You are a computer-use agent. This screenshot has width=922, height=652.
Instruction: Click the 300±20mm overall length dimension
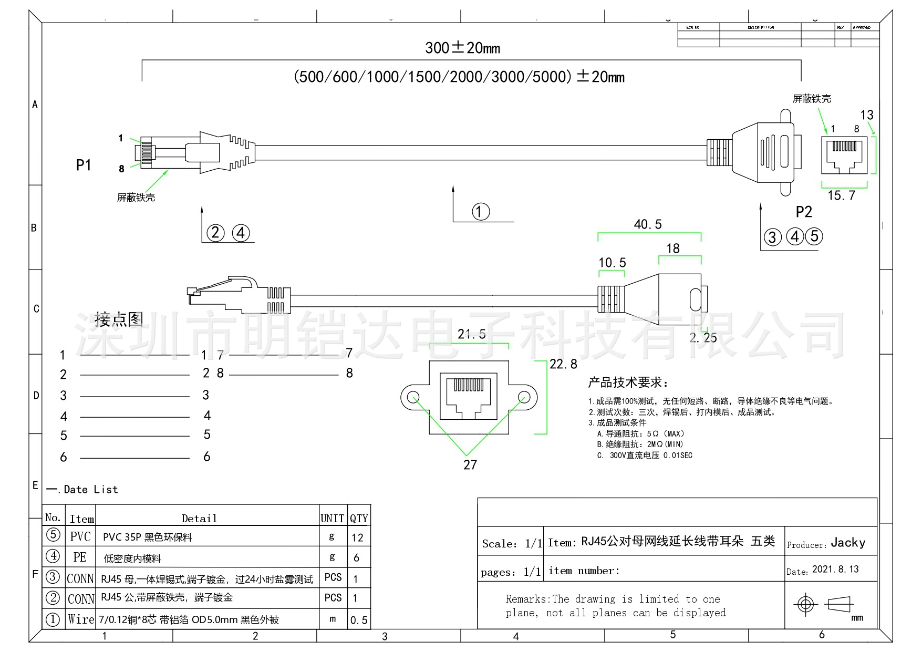[x=462, y=48]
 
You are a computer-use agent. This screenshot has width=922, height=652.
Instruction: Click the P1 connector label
[x=84, y=165]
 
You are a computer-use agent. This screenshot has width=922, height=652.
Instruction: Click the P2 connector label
[x=804, y=212]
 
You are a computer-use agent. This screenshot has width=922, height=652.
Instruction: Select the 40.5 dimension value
[x=648, y=224]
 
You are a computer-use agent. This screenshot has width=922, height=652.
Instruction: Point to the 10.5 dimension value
[x=612, y=263]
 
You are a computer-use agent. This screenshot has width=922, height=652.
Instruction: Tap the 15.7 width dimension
[x=841, y=196]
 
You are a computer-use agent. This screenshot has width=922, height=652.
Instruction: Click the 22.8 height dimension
[x=563, y=364]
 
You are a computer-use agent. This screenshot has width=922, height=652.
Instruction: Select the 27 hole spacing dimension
[x=470, y=464]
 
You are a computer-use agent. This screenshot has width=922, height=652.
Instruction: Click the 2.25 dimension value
[x=703, y=338]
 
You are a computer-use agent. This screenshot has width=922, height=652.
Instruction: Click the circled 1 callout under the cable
[x=480, y=211]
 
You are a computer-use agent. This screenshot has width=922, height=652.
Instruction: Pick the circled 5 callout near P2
[x=814, y=236]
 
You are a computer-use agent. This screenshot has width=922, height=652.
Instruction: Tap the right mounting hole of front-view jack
[x=524, y=397]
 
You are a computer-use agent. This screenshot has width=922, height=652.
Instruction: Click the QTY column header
[x=359, y=519]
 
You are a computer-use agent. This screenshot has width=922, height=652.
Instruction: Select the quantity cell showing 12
[x=357, y=537]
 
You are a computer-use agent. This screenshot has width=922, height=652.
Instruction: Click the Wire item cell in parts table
[x=81, y=619]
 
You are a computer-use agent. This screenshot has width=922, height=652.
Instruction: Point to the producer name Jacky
[x=848, y=543]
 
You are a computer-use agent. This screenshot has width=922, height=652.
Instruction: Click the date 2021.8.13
[x=835, y=570]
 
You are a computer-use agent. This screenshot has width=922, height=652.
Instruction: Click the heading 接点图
[x=119, y=319]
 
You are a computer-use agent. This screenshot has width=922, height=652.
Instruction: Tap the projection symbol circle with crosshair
[x=805, y=604]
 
